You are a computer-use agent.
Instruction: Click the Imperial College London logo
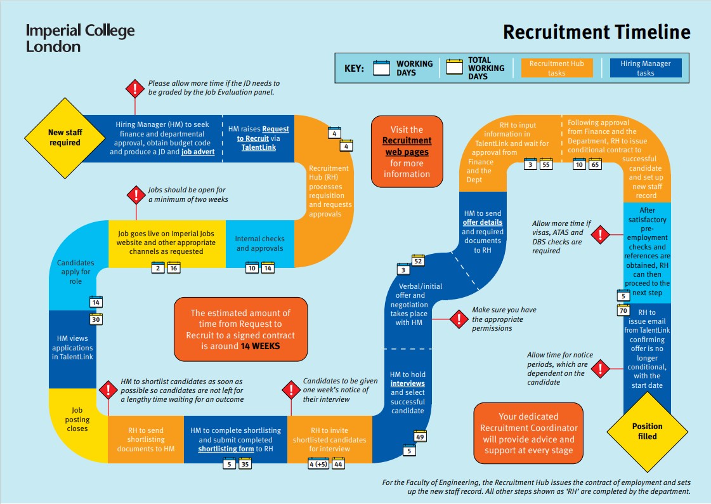(80, 38)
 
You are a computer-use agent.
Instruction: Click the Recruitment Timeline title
(596, 32)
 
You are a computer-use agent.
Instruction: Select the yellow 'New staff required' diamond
(65, 138)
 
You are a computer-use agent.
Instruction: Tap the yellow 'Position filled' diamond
(647, 431)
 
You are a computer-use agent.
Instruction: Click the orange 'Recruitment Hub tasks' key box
(557, 68)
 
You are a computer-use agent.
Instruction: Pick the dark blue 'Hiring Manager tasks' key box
(645, 68)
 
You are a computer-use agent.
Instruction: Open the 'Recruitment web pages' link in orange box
(407, 146)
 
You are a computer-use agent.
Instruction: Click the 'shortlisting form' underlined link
(226, 449)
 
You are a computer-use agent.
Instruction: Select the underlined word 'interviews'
(407, 384)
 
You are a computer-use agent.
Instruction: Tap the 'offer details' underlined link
(483, 223)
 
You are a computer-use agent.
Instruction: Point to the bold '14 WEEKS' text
(260, 347)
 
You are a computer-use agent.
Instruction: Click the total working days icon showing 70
(623, 310)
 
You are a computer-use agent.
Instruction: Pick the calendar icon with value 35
(245, 465)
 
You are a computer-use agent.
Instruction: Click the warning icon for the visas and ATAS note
(599, 235)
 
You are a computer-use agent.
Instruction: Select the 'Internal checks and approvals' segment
(259, 244)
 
